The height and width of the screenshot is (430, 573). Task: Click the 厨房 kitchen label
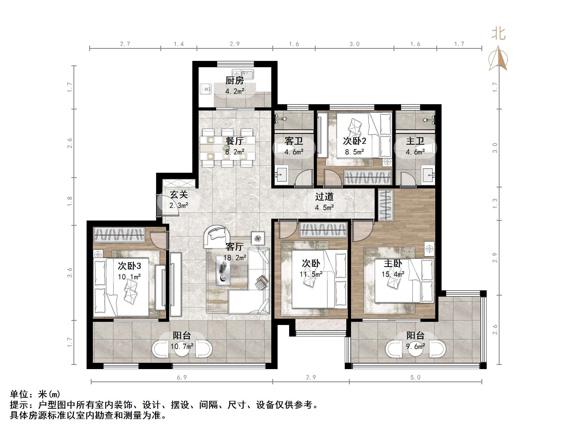(x=235, y=81)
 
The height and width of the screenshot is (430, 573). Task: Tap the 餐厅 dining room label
(x=235, y=141)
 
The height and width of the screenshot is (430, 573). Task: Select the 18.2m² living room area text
(x=235, y=258)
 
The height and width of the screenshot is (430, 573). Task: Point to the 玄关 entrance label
(x=179, y=195)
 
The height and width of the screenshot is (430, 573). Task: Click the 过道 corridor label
(x=324, y=197)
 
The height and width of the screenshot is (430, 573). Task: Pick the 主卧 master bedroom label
(x=393, y=263)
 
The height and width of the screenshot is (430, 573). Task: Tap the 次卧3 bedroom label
(x=129, y=266)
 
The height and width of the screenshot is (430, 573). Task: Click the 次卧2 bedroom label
(x=354, y=141)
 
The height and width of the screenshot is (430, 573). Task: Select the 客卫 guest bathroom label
(x=294, y=141)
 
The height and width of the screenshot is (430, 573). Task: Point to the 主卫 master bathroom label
(x=415, y=141)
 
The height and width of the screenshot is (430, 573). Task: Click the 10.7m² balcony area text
(x=182, y=347)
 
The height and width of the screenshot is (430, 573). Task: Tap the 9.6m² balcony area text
(x=415, y=347)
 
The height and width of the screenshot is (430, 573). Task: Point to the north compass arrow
(x=498, y=59)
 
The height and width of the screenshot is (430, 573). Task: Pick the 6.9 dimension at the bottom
(x=182, y=377)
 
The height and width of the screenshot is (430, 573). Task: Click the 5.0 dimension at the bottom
(x=415, y=377)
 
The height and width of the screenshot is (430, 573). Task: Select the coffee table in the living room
(x=223, y=270)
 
